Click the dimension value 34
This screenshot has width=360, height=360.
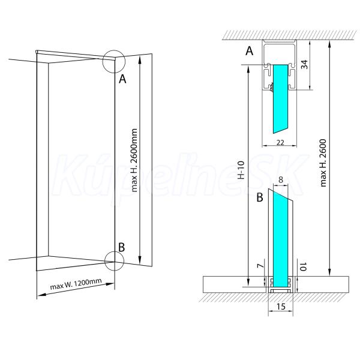(304, 64)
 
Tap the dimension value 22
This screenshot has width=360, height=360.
(280, 143)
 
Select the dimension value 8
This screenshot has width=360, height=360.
(281, 180)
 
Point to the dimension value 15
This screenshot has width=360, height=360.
(281, 307)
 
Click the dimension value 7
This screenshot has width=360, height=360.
(260, 266)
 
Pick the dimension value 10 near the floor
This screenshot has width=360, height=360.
(303, 267)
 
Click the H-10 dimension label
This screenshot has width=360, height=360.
(241, 170)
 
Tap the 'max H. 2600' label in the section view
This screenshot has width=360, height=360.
(323, 163)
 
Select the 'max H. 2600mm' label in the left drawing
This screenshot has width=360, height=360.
(134, 160)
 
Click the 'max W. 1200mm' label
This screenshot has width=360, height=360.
(76, 284)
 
